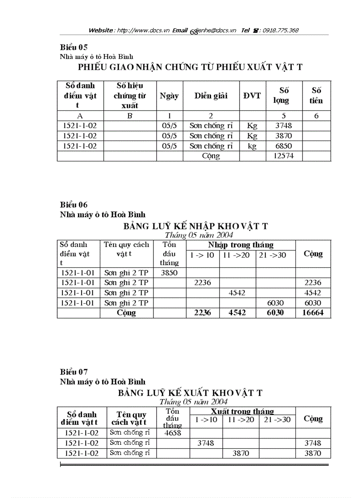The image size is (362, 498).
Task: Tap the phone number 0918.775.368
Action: coord(280,30)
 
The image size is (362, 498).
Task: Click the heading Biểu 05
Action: coord(74,47)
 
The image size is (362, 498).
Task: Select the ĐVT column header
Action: coord(252,95)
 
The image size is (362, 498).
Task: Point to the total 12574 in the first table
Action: coord(284,156)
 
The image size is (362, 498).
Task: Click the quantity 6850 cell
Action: coord(284,146)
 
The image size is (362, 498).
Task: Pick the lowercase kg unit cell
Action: coord(252,146)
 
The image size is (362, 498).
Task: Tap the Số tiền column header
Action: coord(316,95)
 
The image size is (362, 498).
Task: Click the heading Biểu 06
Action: coord(74,204)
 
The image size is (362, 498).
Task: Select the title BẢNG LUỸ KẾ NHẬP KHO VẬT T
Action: coord(196,226)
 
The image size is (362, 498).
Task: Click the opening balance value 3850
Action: coord(169,273)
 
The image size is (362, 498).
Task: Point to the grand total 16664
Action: coord(313,313)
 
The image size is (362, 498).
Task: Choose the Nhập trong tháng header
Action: coord(240,245)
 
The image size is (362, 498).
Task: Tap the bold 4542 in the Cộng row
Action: coord(237,313)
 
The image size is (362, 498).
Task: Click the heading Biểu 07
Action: coord(74,372)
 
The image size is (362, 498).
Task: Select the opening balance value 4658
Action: coord(172,433)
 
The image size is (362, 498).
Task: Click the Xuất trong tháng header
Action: coord(242,412)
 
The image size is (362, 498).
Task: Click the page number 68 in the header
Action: coord(193,32)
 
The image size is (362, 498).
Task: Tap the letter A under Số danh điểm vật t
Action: coord(80,116)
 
